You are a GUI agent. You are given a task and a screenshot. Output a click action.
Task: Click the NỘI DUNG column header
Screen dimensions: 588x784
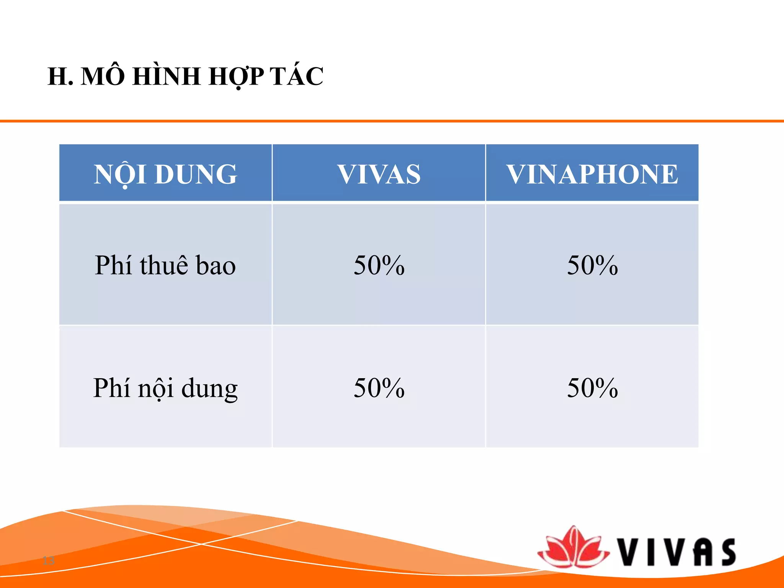[x=165, y=174]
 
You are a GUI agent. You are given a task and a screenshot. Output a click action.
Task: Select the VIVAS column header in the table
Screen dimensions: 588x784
[x=379, y=174]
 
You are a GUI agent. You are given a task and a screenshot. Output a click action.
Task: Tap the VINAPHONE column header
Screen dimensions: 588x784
[x=592, y=174]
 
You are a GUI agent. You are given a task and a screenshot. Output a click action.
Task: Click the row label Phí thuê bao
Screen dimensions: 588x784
[x=165, y=265]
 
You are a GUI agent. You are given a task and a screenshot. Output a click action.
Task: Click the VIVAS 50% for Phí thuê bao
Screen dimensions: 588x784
[x=379, y=265]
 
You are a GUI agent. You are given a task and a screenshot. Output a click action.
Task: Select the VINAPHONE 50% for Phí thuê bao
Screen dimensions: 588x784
[x=592, y=265]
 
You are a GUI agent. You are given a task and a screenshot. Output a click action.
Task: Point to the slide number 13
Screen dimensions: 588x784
[x=49, y=561]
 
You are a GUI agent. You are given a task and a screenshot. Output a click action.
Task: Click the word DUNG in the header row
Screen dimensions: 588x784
[x=196, y=174]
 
